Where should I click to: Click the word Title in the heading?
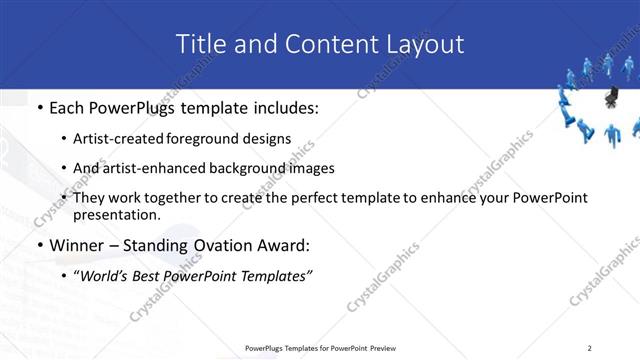(x=200, y=44)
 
